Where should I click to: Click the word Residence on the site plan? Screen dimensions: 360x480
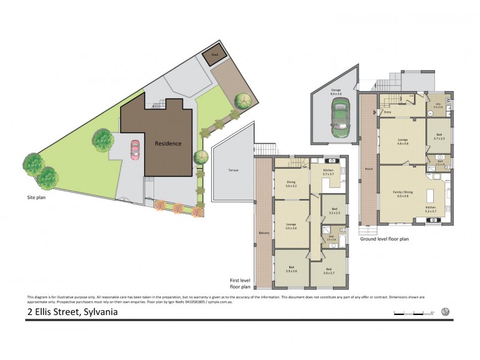click(168, 143)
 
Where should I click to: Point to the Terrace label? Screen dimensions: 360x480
click(233, 170)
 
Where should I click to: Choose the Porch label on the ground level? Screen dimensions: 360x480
click(368, 169)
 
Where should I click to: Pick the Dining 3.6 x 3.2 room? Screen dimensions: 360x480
click(292, 184)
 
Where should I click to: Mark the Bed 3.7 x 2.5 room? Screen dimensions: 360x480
click(439, 137)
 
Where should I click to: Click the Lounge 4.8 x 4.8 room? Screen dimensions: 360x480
click(403, 142)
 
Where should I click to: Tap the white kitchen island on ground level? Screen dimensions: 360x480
click(430, 196)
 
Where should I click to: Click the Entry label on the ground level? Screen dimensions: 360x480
click(388, 112)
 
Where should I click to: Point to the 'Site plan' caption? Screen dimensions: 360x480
click(37, 196)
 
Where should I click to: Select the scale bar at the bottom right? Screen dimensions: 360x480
click(413, 313)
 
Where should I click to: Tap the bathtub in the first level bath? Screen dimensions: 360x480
click(343, 242)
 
